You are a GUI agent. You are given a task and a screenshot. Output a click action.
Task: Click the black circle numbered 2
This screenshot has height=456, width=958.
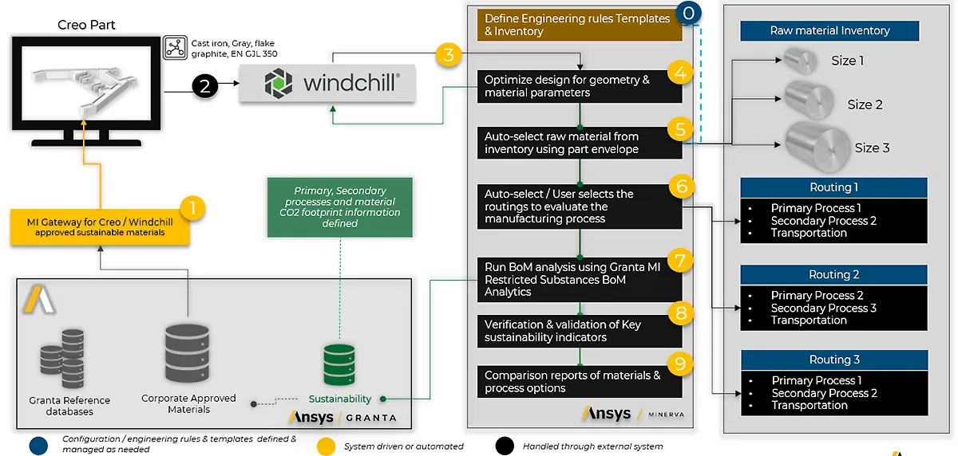(x=204, y=87)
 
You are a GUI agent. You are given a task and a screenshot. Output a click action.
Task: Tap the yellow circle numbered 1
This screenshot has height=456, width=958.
(x=191, y=209)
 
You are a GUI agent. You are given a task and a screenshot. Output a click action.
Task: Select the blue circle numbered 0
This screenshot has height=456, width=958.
(x=689, y=14)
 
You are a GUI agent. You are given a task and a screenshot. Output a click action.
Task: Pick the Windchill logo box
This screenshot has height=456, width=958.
(x=327, y=82)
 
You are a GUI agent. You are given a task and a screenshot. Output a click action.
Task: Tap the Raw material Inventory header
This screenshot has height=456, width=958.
(x=829, y=31)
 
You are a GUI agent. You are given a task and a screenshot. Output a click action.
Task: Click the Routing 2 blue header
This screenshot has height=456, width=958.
(x=833, y=275)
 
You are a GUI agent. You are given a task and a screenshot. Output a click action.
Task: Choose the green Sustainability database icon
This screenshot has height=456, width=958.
(x=340, y=366)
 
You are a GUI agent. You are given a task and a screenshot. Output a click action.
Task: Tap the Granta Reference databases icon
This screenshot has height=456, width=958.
(x=62, y=364)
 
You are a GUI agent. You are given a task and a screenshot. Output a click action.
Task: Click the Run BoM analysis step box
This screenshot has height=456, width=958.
(x=579, y=279)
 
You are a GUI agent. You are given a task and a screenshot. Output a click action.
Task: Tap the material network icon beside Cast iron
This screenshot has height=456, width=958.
(x=174, y=48)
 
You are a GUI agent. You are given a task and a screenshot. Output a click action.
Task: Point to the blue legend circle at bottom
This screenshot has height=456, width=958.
(x=37, y=445)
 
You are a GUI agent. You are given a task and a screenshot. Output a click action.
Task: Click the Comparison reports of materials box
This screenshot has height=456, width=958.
(x=579, y=382)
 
